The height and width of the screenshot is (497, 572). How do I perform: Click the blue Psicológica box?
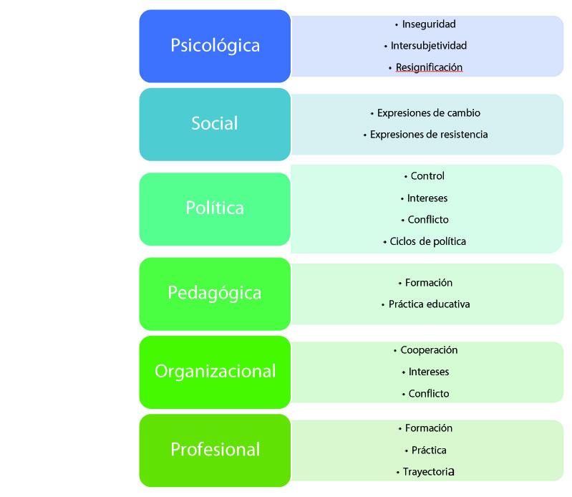[x=215, y=46]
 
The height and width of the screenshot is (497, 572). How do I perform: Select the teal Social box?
[x=215, y=124]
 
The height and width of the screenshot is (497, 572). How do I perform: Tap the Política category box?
[x=215, y=208]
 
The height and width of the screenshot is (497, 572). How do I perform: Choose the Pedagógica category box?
[x=215, y=293]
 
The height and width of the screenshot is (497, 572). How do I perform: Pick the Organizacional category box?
[x=215, y=371]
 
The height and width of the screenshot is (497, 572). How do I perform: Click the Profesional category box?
[x=215, y=450]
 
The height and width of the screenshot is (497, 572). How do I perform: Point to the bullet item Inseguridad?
[x=429, y=24]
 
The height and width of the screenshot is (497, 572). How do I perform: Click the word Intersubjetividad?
[x=429, y=46]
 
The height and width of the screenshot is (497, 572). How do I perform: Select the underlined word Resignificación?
[x=430, y=67]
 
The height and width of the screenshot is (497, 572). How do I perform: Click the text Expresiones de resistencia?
[x=429, y=135]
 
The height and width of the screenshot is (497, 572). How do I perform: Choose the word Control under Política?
[x=427, y=176]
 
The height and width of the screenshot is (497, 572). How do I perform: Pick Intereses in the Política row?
[x=428, y=198]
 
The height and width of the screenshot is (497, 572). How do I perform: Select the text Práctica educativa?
[x=429, y=304]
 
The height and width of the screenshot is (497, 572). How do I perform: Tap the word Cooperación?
[x=429, y=350]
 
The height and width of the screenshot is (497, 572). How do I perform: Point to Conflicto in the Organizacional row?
[x=429, y=394]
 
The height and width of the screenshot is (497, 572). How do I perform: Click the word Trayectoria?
[x=429, y=473]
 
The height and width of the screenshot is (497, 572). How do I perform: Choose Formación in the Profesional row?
[x=429, y=428]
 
